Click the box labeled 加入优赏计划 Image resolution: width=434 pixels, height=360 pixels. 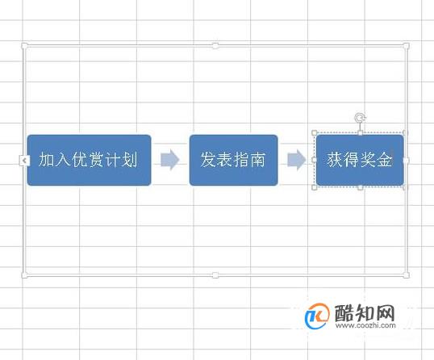(x=89, y=160)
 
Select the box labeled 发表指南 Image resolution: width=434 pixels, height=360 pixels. (x=233, y=160)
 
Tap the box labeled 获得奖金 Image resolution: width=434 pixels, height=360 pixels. (x=360, y=160)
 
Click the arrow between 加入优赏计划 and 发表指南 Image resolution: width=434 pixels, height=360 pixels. (x=170, y=160)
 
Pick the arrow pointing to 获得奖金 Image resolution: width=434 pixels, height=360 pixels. (x=297, y=160)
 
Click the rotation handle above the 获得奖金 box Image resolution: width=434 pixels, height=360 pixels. (x=360, y=118)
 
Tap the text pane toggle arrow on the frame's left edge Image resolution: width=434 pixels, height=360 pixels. (x=24, y=161)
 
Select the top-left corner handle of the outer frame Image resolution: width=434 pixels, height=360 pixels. (x=25, y=46)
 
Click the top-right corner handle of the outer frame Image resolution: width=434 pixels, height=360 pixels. (x=406, y=46)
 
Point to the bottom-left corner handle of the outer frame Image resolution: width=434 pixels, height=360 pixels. (x=25, y=275)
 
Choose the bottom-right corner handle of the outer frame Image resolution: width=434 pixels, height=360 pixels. (x=406, y=275)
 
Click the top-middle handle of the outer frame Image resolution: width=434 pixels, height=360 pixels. (x=215, y=46)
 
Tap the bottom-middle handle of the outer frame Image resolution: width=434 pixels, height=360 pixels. (x=215, y=275)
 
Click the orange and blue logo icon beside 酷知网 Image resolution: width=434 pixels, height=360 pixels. (x=317, y=316)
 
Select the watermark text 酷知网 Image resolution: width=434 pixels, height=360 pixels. (x=365, y=313)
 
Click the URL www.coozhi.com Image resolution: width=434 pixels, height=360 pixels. (x=365, y=325)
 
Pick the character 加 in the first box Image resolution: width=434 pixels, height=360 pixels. (x=46, y=160)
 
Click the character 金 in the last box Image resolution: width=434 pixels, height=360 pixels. (x=384, y=160)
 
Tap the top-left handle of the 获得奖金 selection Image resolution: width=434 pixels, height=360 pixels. (x=315, y=133)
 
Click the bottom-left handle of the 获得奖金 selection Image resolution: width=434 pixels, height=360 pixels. (x=315, y=187)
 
